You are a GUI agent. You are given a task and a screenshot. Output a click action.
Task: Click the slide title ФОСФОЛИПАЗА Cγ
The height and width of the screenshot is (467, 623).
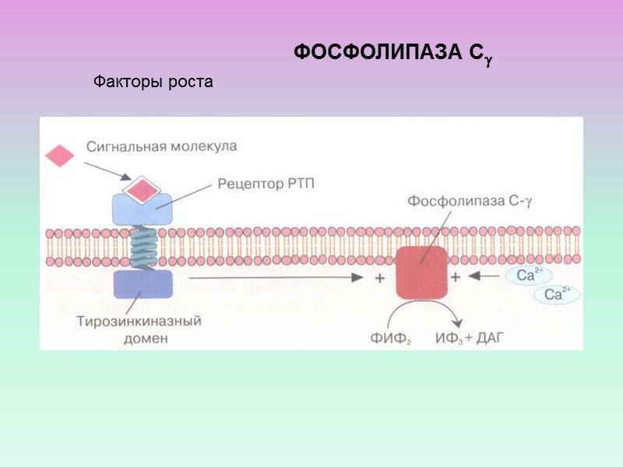[393, 54]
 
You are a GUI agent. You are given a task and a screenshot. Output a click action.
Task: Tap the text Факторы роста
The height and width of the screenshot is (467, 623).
[153, 81]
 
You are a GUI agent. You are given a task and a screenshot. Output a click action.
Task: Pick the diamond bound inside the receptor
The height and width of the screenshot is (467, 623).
[143, 189]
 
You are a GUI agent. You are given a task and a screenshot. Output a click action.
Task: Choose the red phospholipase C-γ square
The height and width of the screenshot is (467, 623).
[421, 272]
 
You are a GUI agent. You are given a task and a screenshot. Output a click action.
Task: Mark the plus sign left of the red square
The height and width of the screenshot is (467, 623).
[379, 278]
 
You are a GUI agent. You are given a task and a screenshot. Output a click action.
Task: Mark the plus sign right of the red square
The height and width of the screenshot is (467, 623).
[456, 276]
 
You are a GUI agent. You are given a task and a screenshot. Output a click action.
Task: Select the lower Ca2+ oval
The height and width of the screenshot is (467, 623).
[556, 294]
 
